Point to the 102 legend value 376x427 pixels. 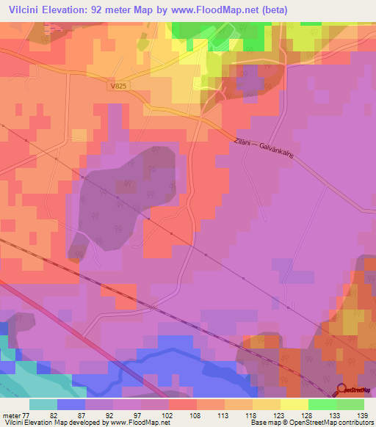tap(167, 415)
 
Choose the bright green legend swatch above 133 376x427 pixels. tap(322, 404)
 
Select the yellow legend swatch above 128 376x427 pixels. tap(294, 404)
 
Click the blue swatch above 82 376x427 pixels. tap(70, 404)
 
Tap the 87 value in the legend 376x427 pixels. tap(87, 415)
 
